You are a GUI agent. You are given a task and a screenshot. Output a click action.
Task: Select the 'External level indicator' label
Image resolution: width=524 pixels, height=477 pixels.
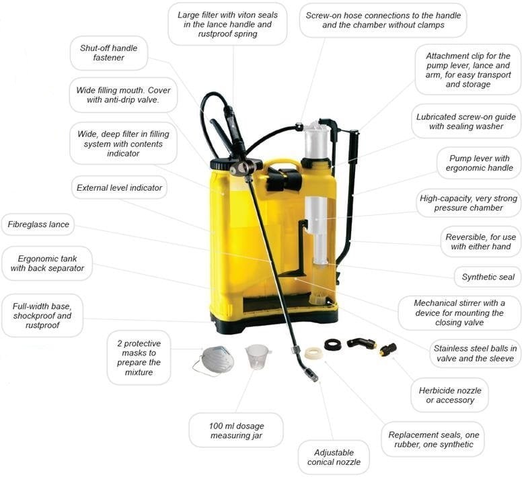click(119, 188)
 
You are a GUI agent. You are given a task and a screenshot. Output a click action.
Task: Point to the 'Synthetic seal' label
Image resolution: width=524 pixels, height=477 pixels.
click(488, 277)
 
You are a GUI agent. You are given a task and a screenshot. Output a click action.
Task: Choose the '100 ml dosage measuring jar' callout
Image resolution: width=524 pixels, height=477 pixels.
click(235, 430)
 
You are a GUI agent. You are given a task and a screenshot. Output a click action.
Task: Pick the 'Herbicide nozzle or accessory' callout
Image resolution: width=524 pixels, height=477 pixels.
click(449, 395)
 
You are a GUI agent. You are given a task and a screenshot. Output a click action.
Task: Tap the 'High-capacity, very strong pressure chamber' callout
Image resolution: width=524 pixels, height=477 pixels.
click(469, 203)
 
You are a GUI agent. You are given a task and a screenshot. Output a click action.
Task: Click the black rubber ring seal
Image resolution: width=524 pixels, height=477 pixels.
click(333, 345)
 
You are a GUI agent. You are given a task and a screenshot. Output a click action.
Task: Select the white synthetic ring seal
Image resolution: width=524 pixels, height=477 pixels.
click(313, 353)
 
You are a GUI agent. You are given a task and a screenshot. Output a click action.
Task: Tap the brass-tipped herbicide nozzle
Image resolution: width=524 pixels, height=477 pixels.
click(387, 349)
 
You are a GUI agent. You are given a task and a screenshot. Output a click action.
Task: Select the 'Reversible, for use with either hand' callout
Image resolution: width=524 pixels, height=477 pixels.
click(480, 242)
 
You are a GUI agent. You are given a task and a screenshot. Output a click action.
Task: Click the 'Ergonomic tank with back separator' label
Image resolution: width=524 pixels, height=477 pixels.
click(47, 263)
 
